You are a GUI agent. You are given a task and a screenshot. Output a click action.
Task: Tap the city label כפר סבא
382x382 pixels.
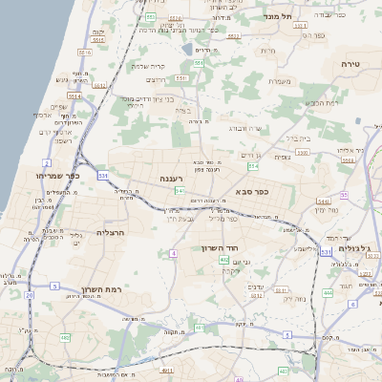tap(247, 191)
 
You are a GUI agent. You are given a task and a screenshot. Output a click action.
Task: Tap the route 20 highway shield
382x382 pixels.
tap(29, 295)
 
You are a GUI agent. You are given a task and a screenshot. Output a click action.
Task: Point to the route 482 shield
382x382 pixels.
tap(65, 337)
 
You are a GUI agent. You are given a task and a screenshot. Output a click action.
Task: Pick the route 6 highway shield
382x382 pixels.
tap(352, 305)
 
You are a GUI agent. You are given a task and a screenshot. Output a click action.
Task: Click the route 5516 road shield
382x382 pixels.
tap(84, 53)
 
